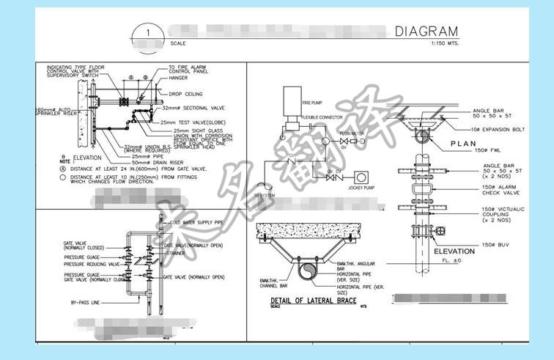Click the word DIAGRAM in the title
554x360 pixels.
tap(426, 32)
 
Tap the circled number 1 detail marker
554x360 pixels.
tap(149, 34)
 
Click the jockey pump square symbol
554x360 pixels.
tap(361, 177)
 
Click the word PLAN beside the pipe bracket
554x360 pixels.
tap(464, 144)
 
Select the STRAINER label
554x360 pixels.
tap(179, 253)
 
